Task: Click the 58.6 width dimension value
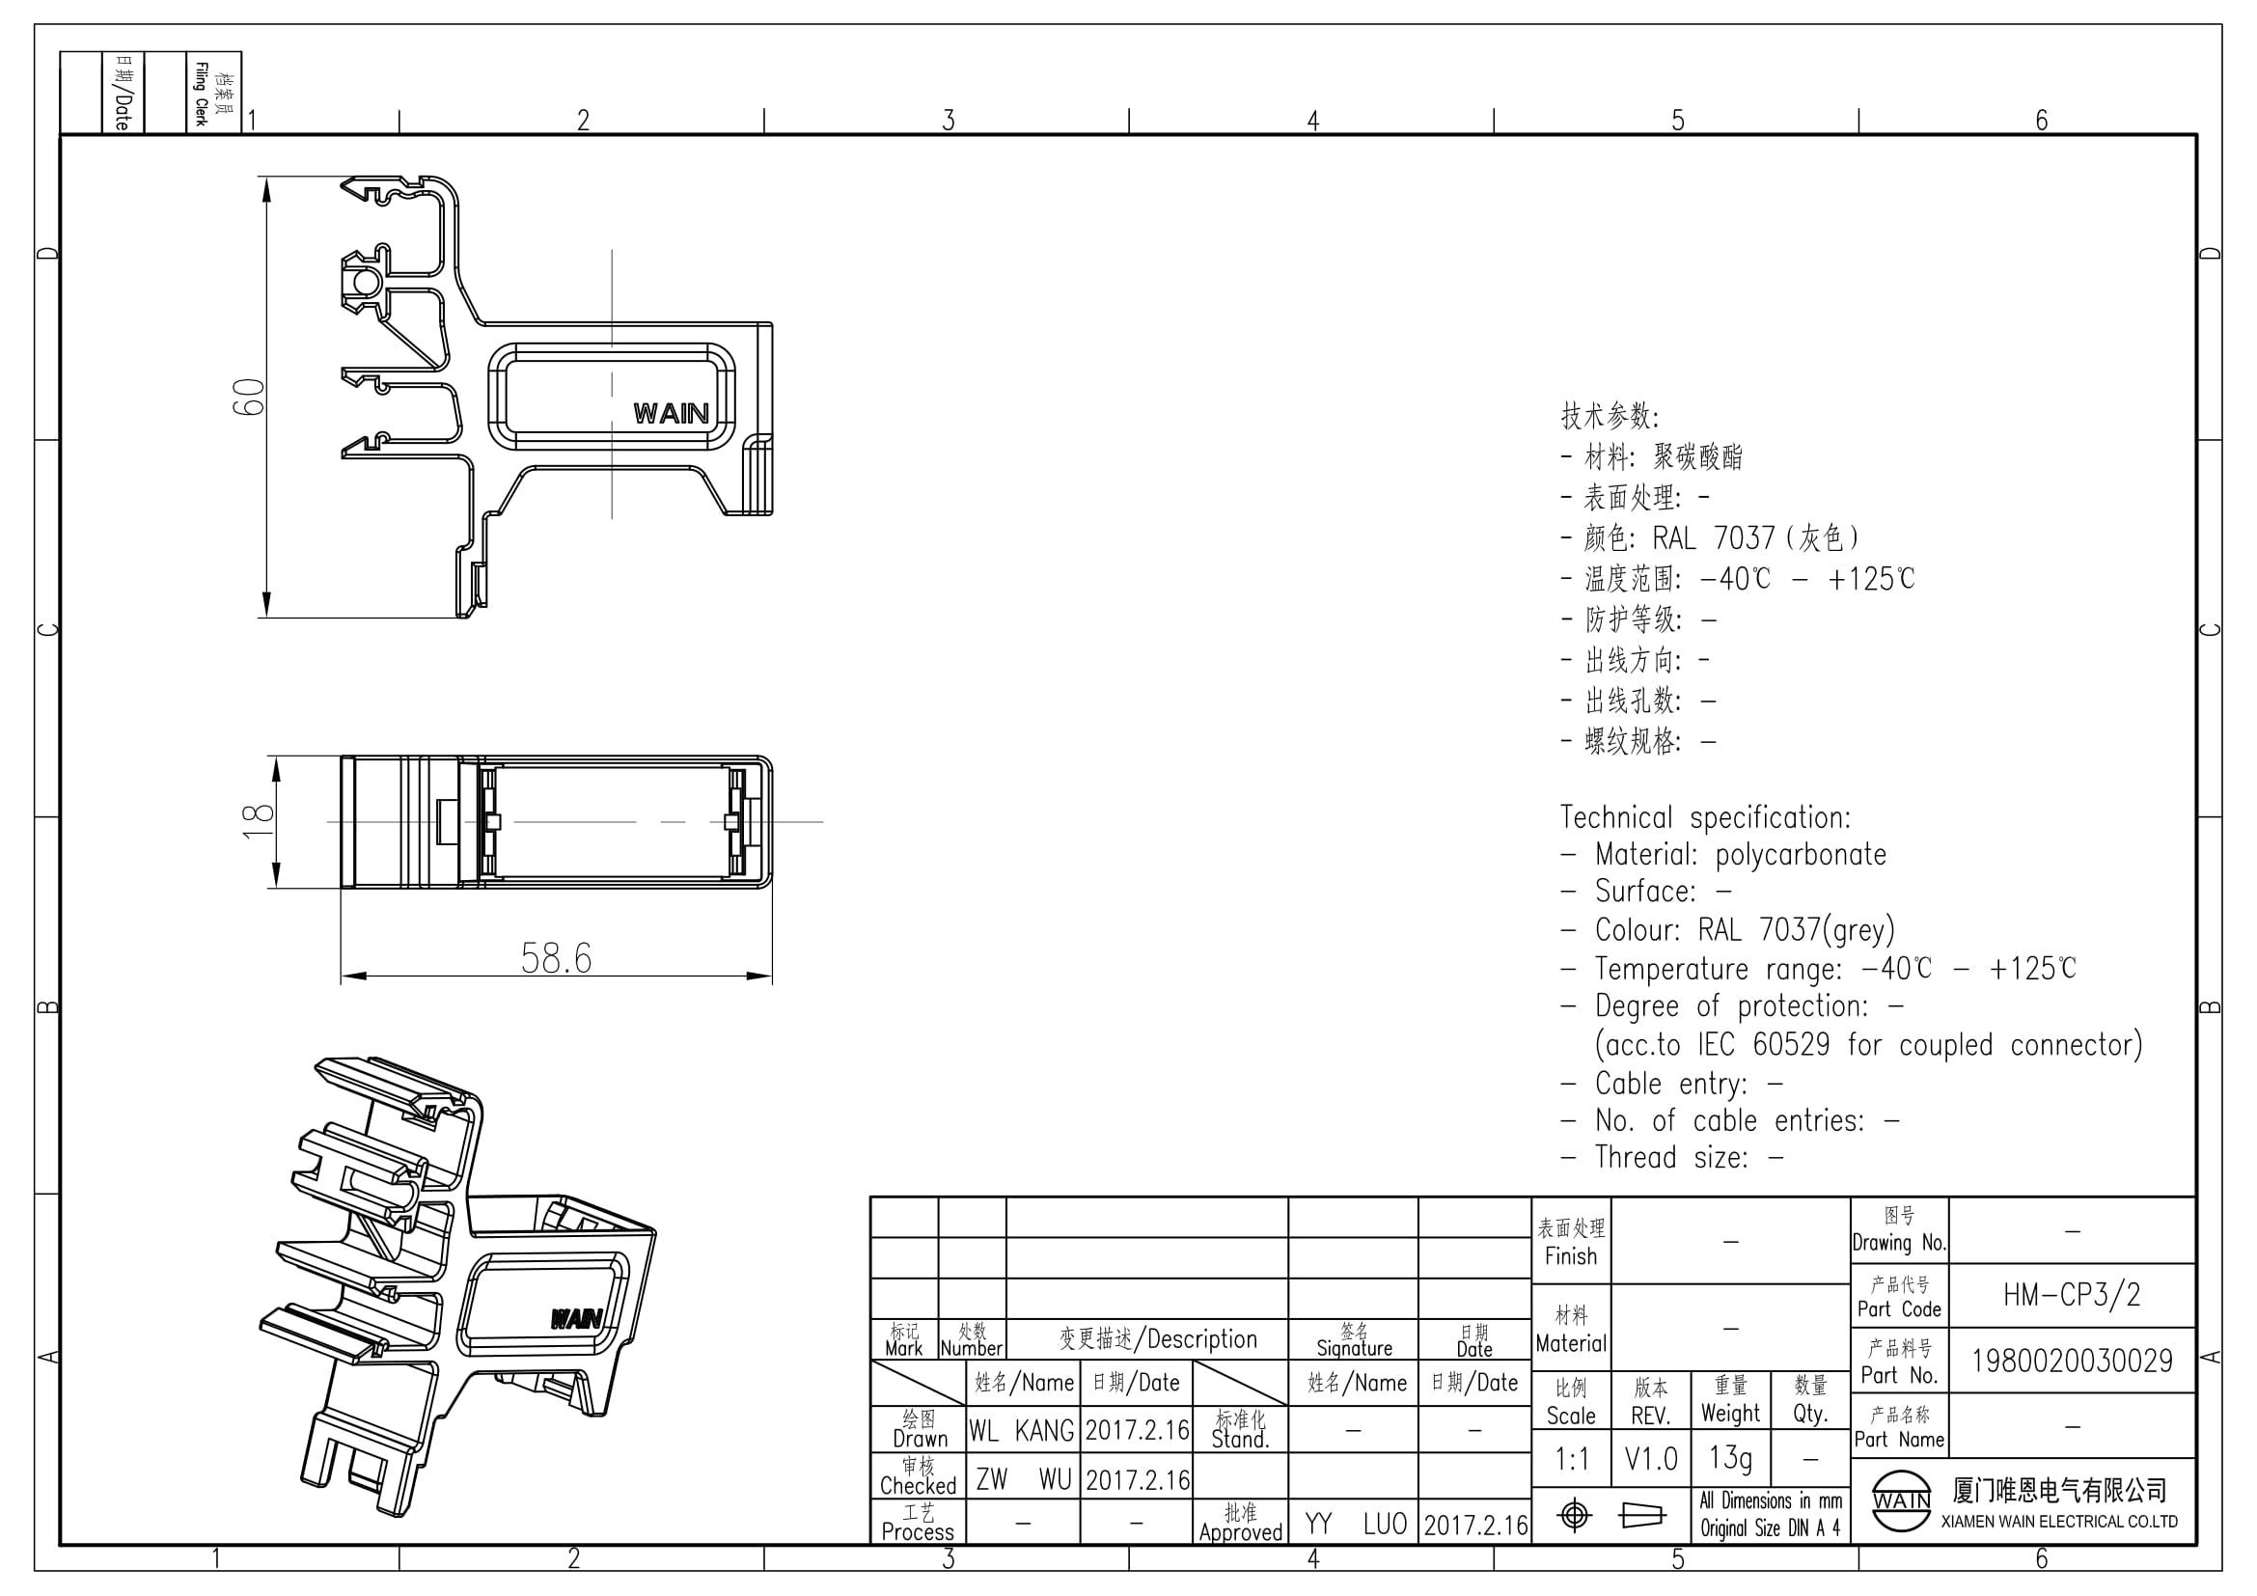pos(557,958)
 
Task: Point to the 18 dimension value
pos(258,821)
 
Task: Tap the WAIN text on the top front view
pos(672,414)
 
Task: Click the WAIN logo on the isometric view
pos(576,1318)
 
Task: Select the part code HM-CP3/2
pos(2071,1295)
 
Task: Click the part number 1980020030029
pos(2072,1362)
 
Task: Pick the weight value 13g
pos(1730,1457)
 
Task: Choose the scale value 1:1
pos(1572,1459)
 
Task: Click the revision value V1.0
pos(1650,1459)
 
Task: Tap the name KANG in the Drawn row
pos(1044,1431)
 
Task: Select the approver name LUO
pos(1385,1525)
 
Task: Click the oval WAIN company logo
pos(1901,1500)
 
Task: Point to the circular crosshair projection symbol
pos(1575,1515)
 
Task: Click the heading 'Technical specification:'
pos(1705,817)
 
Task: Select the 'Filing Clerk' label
pos(201,95)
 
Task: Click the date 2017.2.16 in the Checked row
pos(1138,1480)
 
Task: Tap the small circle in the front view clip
pos(364,284)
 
